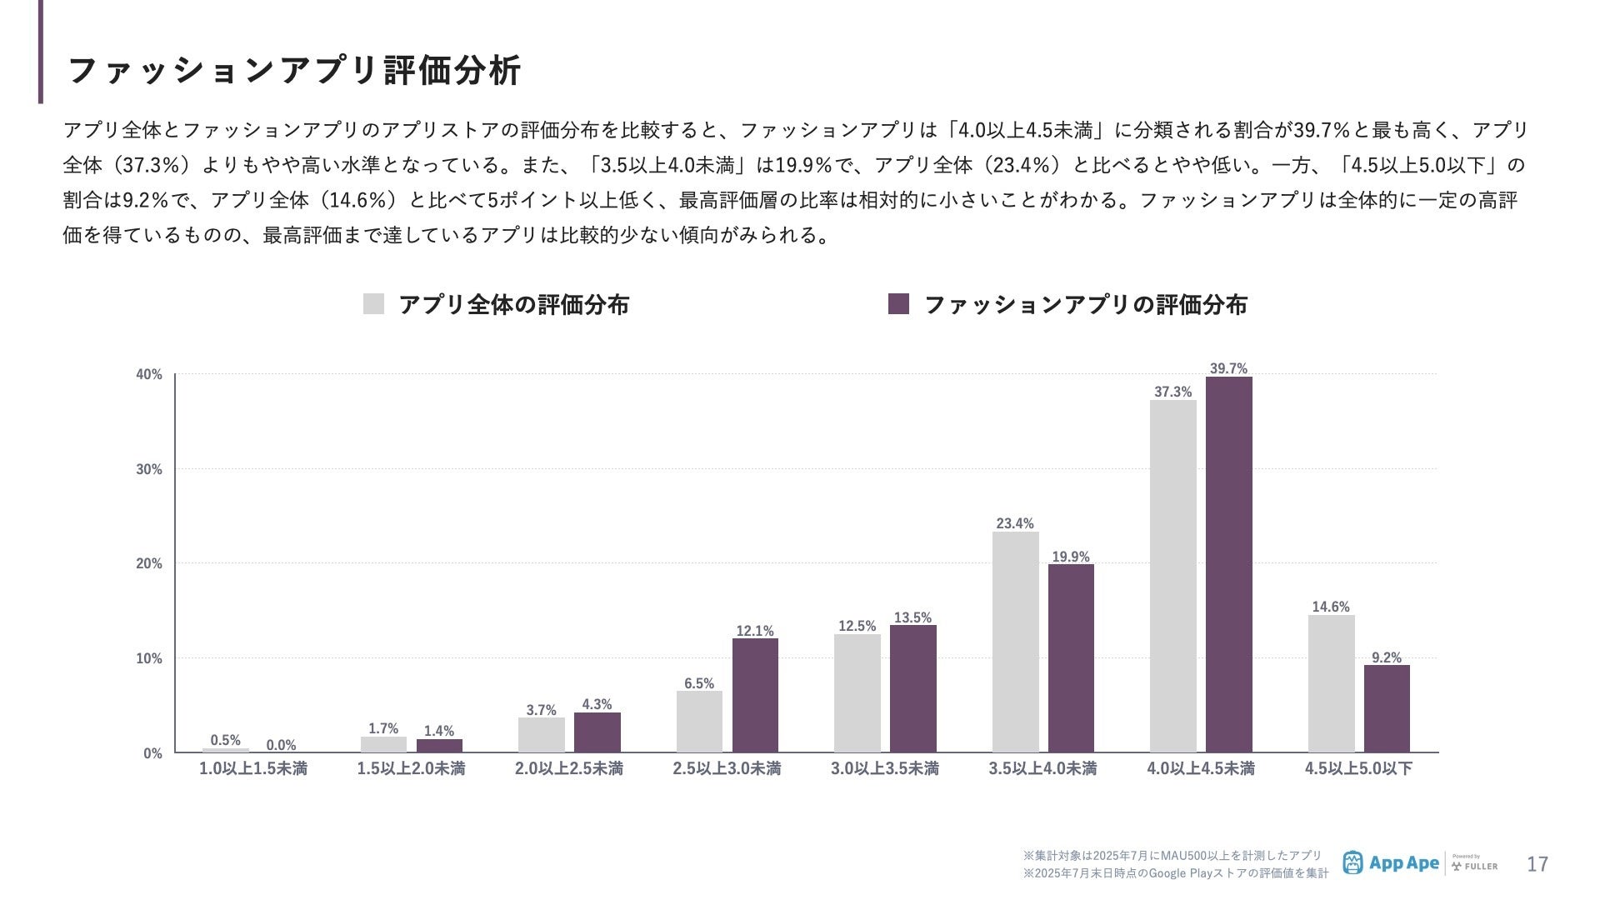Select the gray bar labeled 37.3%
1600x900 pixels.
1172,576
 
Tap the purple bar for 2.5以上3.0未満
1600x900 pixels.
755,695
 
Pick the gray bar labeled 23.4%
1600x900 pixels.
1015,642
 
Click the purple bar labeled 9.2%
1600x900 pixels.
1387,708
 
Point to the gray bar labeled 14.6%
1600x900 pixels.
1331,683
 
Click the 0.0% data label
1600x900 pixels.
281,745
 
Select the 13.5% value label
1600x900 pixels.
912,617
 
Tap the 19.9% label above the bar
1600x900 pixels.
1071,557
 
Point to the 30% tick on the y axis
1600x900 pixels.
149,469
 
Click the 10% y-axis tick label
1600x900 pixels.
149,658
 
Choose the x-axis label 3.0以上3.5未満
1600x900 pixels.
884,768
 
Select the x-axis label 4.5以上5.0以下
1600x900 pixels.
1358,768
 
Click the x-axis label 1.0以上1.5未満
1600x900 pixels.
252,768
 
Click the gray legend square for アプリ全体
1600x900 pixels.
373,304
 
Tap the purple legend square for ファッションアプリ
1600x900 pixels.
898,304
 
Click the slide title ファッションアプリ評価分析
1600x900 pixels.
293,70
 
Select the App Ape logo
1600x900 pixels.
1391,863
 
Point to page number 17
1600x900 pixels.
1537,864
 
